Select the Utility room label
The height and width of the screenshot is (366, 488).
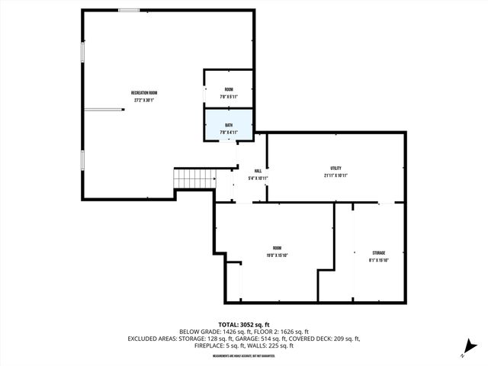tap(335, 168)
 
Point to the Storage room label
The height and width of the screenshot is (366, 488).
tap(379, 252)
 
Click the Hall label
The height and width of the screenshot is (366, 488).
tap(258, 171)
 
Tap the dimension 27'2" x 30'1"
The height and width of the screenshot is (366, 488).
tap(144, 101)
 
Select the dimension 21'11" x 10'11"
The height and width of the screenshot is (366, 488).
tap(335, 175)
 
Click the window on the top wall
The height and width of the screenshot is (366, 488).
tap(129, 10)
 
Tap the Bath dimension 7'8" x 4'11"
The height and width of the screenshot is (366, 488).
tap(229, 133)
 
